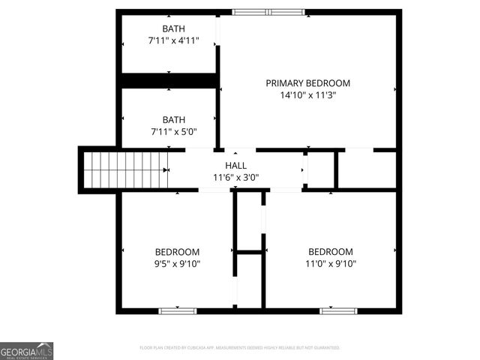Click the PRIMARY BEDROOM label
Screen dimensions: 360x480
coord(307,83)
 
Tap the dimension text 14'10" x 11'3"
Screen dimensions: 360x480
coord(307,95)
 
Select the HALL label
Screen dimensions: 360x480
coord(235,166)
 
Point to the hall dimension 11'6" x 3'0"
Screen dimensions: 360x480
coord(235,178)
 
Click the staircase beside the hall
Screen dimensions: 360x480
coord(124,169)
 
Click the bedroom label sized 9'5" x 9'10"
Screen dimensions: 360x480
coord(177,252)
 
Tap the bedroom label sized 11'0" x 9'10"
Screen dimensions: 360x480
coord(331,252)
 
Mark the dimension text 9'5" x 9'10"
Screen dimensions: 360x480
coord(177,264)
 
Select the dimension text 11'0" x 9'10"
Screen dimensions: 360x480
coord(331,264)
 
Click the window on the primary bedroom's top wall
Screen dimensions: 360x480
coord(268,12)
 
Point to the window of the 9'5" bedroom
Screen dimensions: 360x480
coord(178,310)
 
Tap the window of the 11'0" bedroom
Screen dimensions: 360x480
coord(338,310)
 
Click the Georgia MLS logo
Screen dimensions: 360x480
coord(26,351)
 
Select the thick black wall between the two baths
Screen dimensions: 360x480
coord(169,80)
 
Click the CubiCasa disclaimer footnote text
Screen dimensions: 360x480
coord(240,348)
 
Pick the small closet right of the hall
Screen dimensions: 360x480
coord(320,170)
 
